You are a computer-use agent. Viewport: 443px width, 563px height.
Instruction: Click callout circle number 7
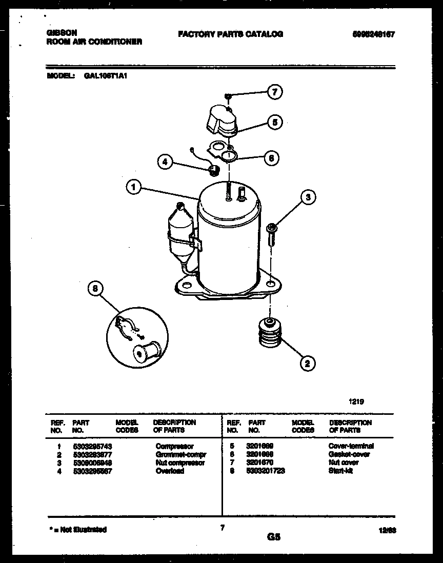click(x=274, y=92)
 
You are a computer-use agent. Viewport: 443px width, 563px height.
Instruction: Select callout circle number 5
click(x=274, y=122)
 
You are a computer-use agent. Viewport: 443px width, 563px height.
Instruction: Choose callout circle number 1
click(x=133, y=188)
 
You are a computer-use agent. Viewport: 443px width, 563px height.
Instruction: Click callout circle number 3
click(x=308, y=197)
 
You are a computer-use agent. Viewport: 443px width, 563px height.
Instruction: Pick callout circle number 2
click(x=307, y=364)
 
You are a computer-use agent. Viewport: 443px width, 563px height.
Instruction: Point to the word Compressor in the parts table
click(x=174, y=447)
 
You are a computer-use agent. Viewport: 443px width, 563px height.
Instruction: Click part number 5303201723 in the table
click(x=265, y=471)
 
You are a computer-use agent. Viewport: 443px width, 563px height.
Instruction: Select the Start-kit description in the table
click(x=341, y=471)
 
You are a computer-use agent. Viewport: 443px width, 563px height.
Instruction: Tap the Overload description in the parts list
click(x=170, y=471)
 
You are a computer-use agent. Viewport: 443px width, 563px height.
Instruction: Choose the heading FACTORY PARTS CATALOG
click(x=230, y=34)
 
